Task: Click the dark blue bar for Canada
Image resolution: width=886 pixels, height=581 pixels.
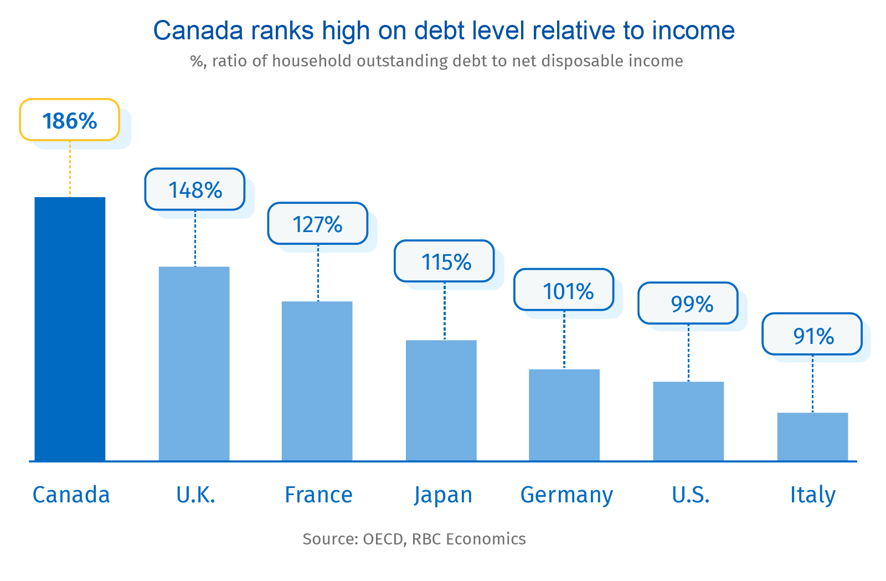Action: click(70, 329)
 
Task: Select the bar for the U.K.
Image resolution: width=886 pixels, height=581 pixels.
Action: click(194, 364)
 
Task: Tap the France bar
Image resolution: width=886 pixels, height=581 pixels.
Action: click(317, 381)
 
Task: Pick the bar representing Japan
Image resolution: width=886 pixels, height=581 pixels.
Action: click(441, 400)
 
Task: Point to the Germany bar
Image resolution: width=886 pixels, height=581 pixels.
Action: click(564, 415)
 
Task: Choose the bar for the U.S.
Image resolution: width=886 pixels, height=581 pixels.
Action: click(688, 421)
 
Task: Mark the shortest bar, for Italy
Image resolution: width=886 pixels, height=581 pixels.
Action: click(812, 436)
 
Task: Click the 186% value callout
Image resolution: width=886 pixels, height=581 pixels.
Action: click(70, 120)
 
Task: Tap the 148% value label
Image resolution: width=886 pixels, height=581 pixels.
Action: click(195, 189)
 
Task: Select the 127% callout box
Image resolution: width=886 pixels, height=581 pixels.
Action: click(318, 224)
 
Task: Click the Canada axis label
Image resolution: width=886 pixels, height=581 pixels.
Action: click(71, 495)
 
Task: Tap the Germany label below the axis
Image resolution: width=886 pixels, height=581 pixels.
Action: click(566, 495)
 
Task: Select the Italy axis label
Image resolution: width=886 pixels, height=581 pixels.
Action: click(812, 495)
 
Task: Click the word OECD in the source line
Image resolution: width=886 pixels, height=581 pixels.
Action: click(383, 539)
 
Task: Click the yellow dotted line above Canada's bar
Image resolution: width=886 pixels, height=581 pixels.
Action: click(70, 169)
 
